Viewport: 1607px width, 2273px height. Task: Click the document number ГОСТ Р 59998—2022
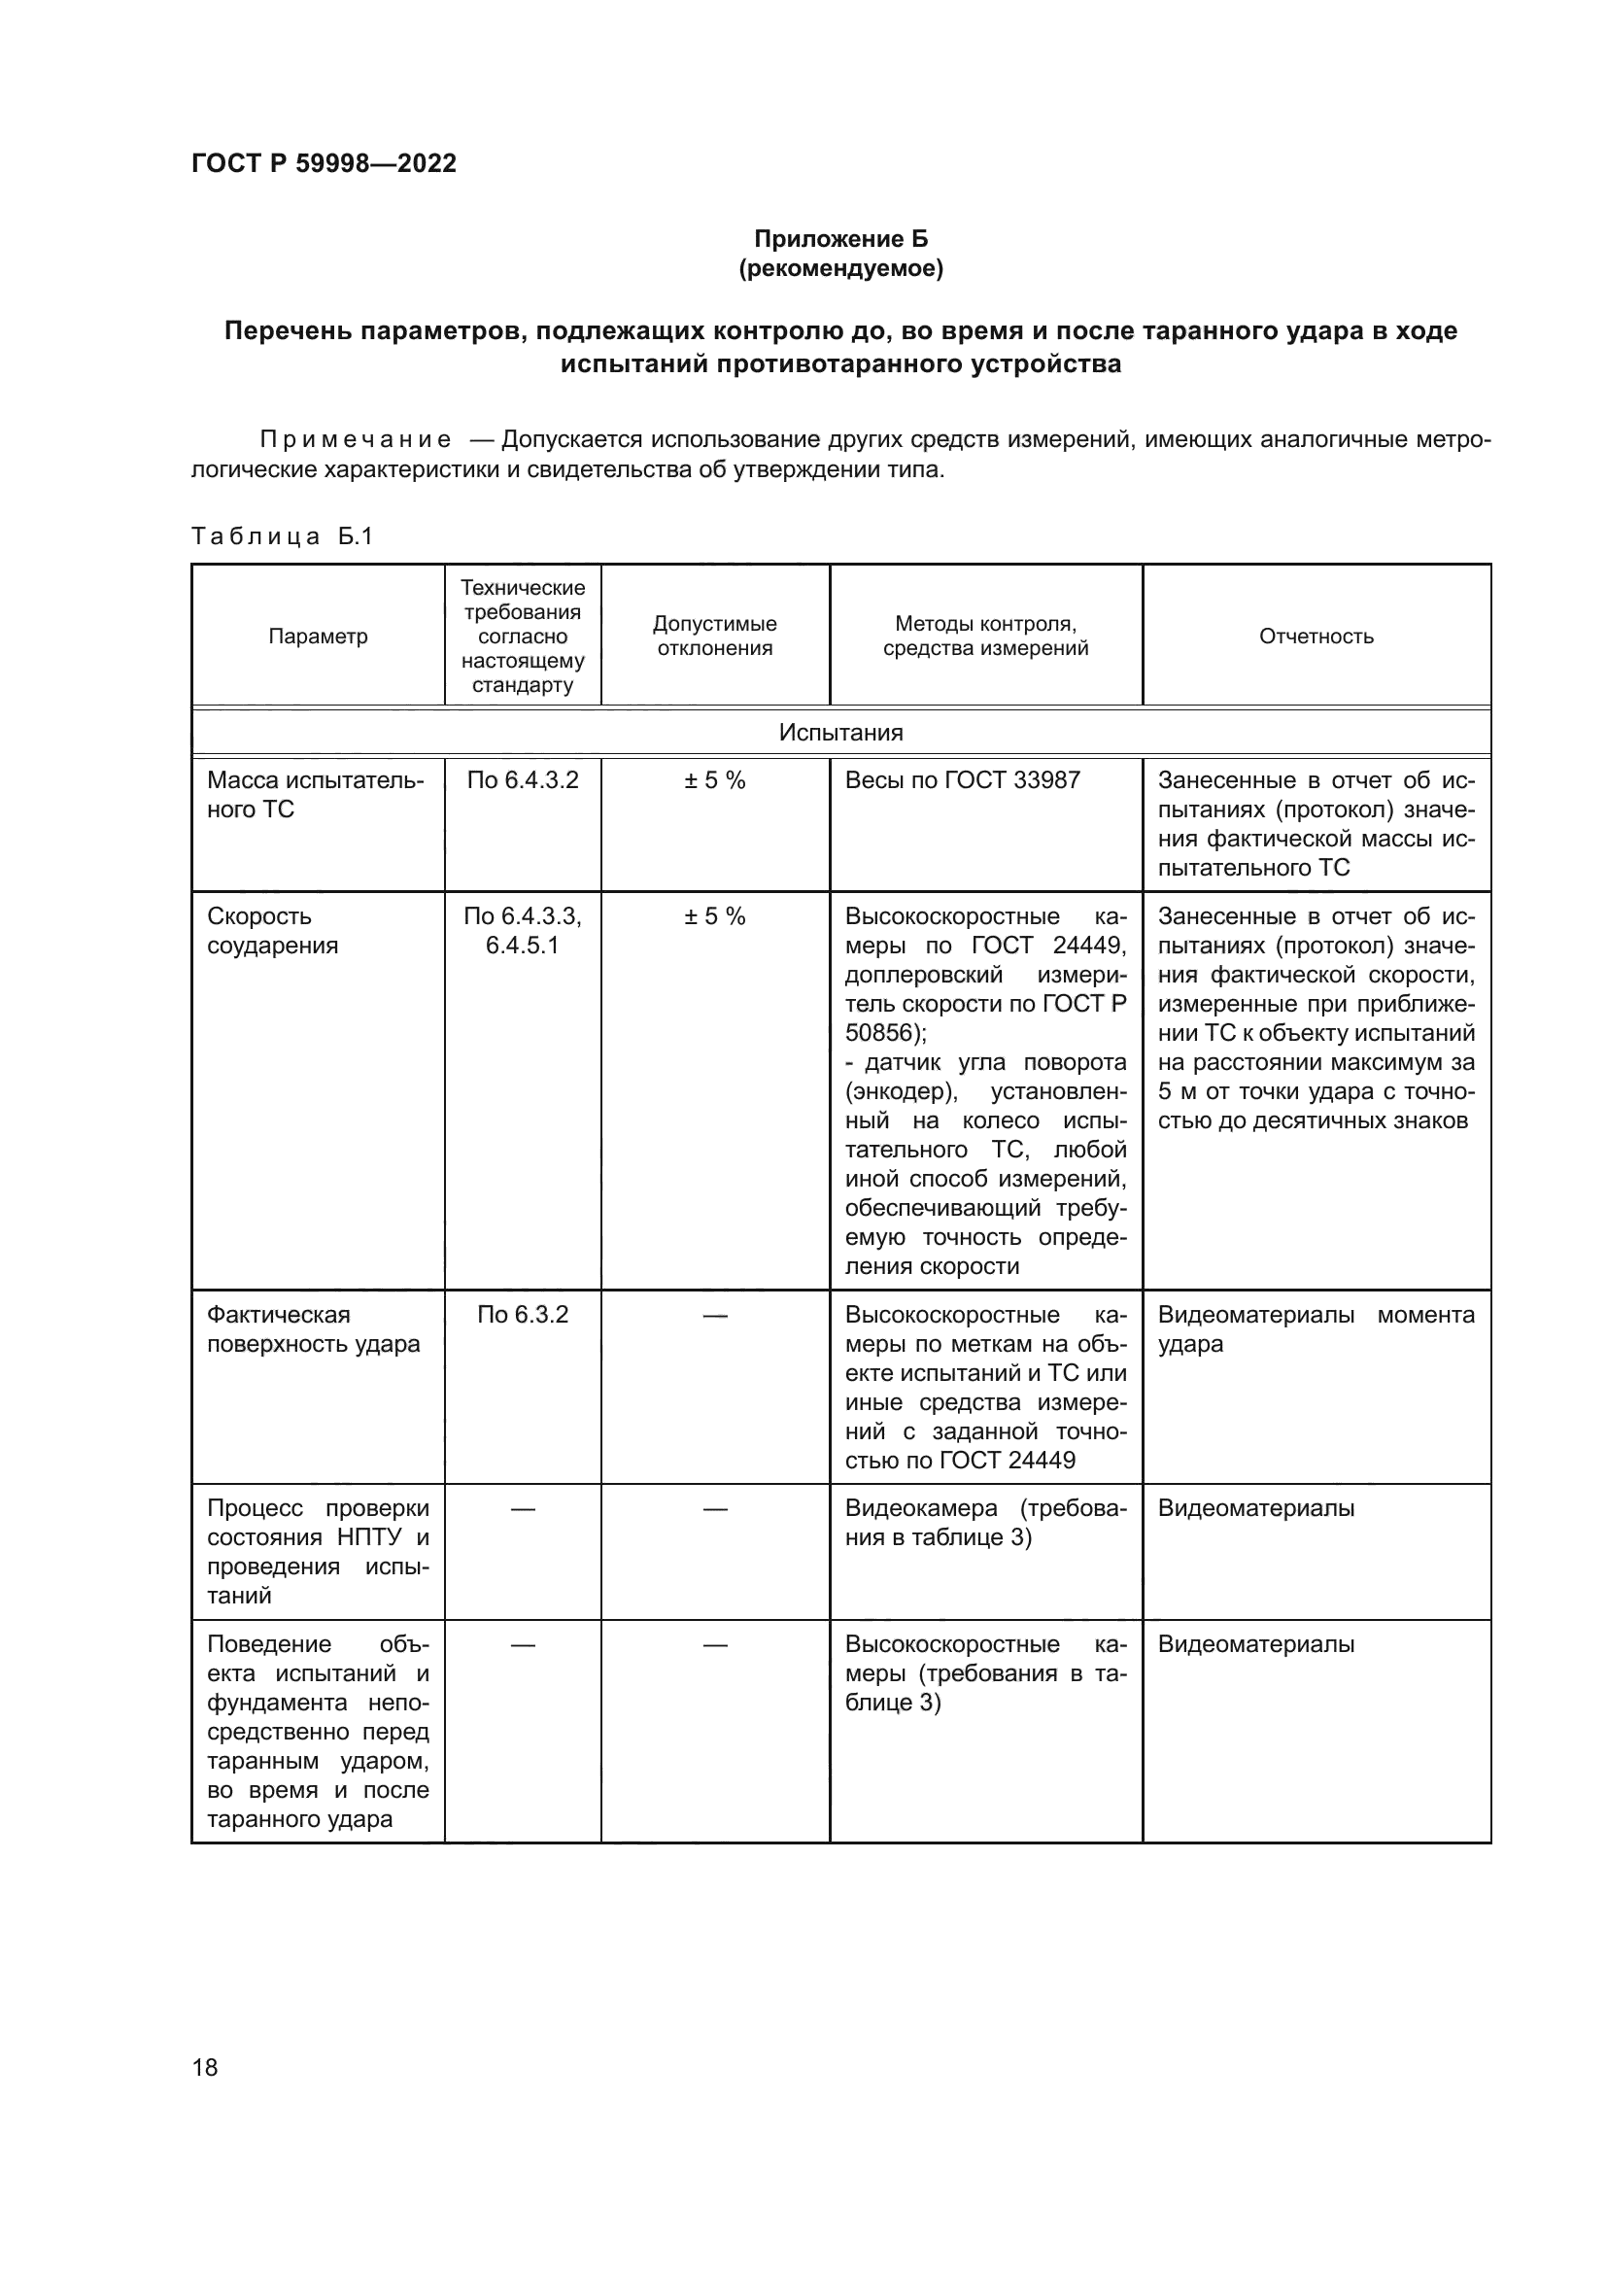point(324,163)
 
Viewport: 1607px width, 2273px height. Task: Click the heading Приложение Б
point(841,239)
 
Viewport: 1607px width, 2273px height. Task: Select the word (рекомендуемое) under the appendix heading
point(841,268)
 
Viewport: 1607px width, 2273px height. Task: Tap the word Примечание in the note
point(356,439)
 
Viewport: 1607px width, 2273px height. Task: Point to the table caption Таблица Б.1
point(282,536)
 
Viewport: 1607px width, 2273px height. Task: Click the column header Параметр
point(318,637)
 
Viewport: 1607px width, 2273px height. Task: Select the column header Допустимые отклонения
point(714,636)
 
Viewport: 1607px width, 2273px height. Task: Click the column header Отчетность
point(1316,637)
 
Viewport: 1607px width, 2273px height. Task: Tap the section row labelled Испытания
point(840,733)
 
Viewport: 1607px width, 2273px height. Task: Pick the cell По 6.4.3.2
point(523,780)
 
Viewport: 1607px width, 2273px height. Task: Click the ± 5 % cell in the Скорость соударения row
point(714,916)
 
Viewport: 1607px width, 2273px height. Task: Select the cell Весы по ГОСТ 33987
point(962,780)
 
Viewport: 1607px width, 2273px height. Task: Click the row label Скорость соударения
point(272,931)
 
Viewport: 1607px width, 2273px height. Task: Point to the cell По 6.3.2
point(523,1315)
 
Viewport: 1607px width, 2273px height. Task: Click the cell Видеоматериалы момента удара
point(1316,1328)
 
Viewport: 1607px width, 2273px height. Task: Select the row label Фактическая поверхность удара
point(313,1328)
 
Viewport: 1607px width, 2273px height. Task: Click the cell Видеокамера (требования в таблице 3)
point(984,1523)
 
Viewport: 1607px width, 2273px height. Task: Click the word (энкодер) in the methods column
point(901,1092)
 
